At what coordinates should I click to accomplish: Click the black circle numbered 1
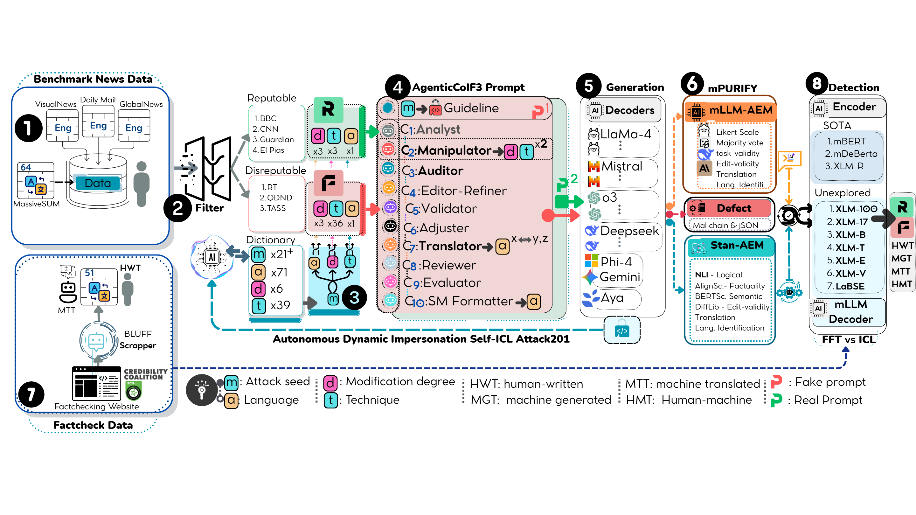pos(28,128)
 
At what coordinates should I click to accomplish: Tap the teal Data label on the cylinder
pos(97,183)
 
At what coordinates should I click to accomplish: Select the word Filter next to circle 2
pos(210,208)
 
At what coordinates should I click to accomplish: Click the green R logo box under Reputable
pos(328,109)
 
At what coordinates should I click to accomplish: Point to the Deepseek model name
pos(629,231)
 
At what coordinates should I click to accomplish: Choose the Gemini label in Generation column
pos(620,277)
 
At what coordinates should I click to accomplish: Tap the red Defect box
pos(733,208)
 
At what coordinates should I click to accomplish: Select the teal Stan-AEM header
pos(737,245)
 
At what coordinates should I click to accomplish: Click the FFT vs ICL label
pos(848,340)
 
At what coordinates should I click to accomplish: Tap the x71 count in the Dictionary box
pos(279,272)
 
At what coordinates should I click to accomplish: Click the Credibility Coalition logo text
pos(145,374)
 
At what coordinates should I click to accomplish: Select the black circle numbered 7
pos(31,394)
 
